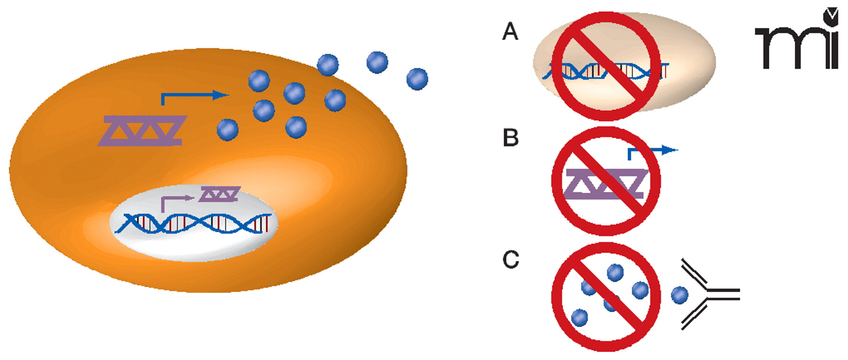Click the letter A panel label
pyautogui.click(x=510, y=32)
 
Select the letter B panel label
pyautogui.click(x=511, y=138)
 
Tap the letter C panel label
pyautogui.click(x=511, y=259)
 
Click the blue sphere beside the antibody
pyautogui.click(x=679, y=295)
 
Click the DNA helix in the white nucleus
pyautogui.click(x=193, y=223)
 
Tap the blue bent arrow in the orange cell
pyautogui.click(x=193, y=96)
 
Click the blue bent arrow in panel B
pyautogui.click(x=652, y=151)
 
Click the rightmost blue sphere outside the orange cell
pyautogui.click(x=417, y=79)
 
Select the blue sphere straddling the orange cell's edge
pyautogui.click(x=327, y=65)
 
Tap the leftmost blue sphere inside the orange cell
pyautogui.click(x=228, y=130)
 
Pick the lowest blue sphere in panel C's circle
pyautogui.click(x=579, y=318)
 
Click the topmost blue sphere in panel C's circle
pyautogui.click(x=615, y=272)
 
